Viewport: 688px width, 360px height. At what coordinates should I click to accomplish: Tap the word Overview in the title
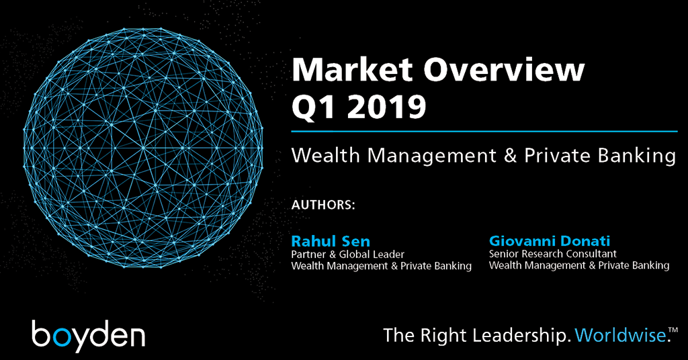coord(504,69)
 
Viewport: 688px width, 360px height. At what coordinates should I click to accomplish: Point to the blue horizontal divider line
coord(484,131)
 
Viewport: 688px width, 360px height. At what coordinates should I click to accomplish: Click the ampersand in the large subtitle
coord(511,156)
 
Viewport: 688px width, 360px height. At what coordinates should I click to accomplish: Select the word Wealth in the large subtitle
coord(326,155)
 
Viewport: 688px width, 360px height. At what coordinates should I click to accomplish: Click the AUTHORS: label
coord(323,205)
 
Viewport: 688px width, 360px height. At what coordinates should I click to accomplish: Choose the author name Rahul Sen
coord(331,241)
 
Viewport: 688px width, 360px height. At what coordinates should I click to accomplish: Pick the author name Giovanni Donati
coord(550,240)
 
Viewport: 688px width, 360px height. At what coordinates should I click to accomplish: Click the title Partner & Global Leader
coord(348,255)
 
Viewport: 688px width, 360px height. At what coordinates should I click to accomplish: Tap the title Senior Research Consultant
coord(553,254)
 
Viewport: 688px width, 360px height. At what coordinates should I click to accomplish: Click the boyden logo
coord(89,335)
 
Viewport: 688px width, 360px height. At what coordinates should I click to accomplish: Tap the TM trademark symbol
coord(673,329)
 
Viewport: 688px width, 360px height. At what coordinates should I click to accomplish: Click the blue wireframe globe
coord(143,148)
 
